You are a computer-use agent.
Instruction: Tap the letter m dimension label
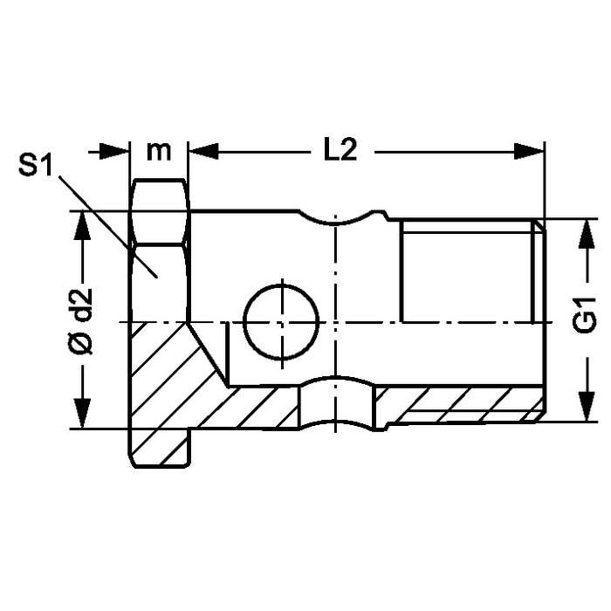click(159, 151)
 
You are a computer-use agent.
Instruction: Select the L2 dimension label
click(340, 150)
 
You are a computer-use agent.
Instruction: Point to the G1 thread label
click(585, 314)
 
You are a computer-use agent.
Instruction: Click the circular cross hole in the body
click(281, 322)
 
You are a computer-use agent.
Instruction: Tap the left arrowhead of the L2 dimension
click(203, 151)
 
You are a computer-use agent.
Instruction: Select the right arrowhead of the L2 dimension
click(529, 151)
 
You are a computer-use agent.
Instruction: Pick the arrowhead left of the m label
click(113, 151)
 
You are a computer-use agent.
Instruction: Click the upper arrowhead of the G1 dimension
click(587, 233)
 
